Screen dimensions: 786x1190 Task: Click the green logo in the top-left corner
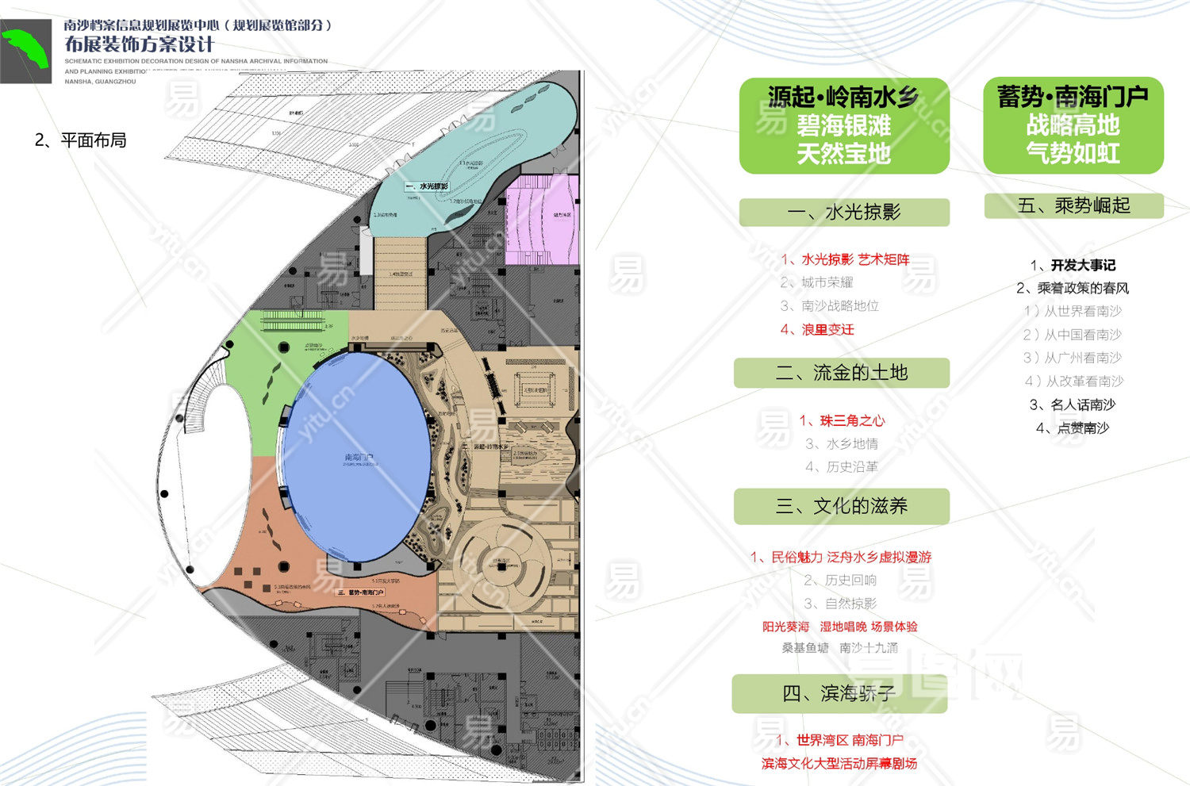tap(25, 52)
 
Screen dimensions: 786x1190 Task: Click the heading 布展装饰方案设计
tap(140, 44)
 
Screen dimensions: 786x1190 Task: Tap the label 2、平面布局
tap(80, 140)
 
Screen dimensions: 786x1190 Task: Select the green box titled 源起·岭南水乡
tap(844, 125)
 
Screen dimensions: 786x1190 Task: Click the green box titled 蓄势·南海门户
tap(1073, 125)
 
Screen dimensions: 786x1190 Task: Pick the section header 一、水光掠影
tap(844, 213)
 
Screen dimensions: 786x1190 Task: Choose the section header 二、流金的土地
tap(841, 373)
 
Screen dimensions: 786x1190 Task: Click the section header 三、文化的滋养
tap(841, 506)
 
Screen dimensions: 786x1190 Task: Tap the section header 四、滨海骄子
tap(839, 694)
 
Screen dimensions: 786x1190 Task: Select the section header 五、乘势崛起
tap(1073, 206)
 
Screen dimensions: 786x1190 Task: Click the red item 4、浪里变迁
tap(817, 329)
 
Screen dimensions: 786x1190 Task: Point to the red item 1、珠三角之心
tap(842, 420)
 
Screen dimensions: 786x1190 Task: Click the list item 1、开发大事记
tap(1073, 265)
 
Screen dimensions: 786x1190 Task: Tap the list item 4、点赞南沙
tap(1073, 428)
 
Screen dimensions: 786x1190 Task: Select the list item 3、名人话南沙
tap(1073, 405)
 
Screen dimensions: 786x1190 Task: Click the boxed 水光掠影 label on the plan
tap(428, 186)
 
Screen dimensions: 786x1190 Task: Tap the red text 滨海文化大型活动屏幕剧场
tap(839, 763)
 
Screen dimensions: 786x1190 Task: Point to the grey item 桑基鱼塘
tap(805, 647)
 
